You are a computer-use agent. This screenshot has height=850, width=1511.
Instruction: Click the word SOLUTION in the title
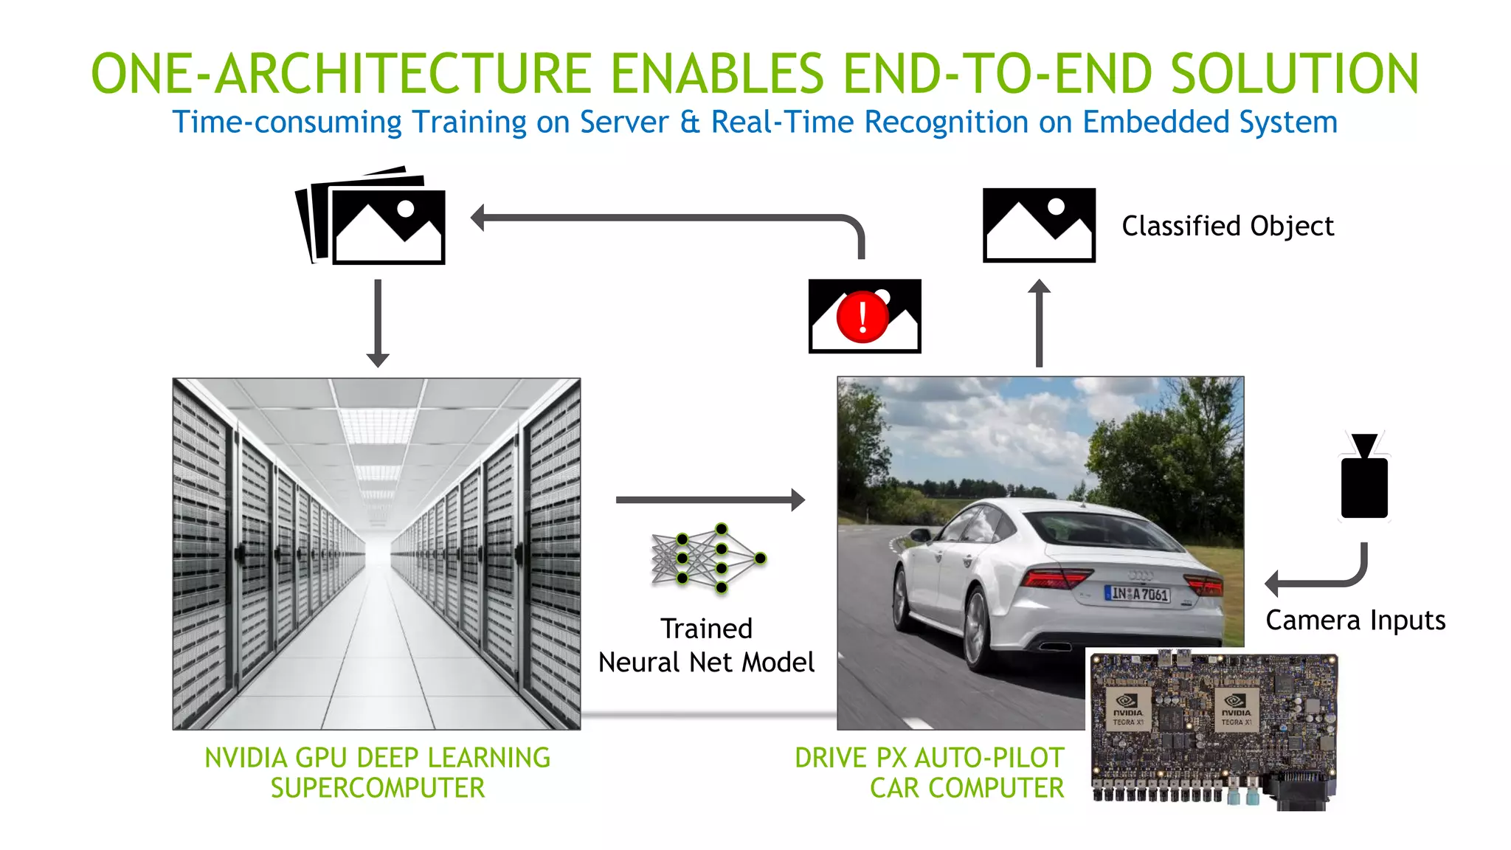pyautogui.click(x=1295, y=74)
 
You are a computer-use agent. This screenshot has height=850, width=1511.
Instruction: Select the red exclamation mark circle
pyautogui.click(x=862, y=317)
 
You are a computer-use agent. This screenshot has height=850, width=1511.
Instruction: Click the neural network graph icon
pyautogui.click(x=707, y=559)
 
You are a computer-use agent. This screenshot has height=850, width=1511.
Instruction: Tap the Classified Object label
pyautogui.click(x=1228, y=226)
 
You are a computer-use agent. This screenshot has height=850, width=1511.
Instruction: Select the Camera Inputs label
pyautogui.click(x=1355, y=621)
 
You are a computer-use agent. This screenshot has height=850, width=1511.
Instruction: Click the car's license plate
pyautogui.click(x=1137, y=593)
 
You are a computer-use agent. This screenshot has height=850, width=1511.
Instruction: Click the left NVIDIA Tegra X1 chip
pyautogui.click(x=1127, y=708)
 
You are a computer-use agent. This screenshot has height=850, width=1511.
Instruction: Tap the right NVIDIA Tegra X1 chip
pyautogui.click(x=1236, y=708)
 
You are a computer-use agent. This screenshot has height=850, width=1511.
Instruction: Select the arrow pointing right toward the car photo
pyautogui.click(x=710, y=500)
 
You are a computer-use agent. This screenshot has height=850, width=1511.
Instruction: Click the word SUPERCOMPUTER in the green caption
pyautogui.click(x=378, y=788)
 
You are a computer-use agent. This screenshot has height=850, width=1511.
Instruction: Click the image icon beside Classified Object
pyautogui.click(x=1039, y=225)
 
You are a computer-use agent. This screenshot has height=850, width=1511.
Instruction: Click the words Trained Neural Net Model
pyautogui.click(x=706, y=646)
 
